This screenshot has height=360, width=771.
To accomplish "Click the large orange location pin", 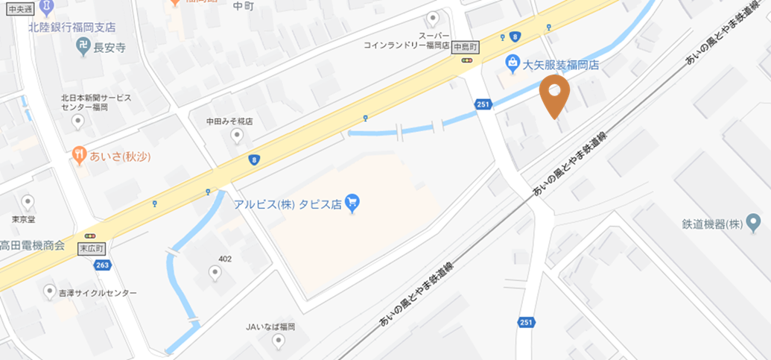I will pyautogui.click(x=554, y=95).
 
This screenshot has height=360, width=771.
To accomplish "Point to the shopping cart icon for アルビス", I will pyautogui.click(x=352, y=202).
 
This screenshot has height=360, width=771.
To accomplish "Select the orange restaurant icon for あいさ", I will pyautogui.click(x=79, y=155).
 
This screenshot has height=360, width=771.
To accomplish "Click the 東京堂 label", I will pyautogui.click(x=25, y=219).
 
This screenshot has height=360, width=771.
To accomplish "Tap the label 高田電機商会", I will pyautogui.click(x=32, y=245).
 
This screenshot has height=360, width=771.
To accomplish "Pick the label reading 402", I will pyautogui.click(x=225, y=259).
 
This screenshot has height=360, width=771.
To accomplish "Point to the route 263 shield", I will pyautogui.click(x=103, y=265).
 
